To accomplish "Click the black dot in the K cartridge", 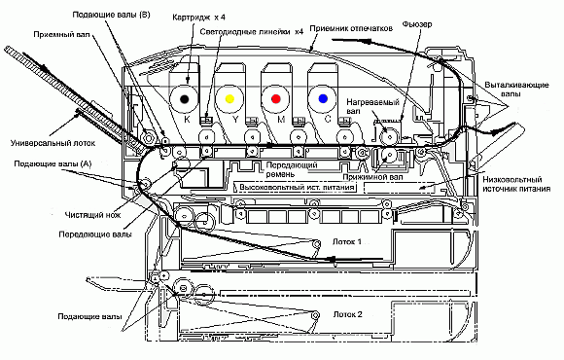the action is click(x=184, y=98).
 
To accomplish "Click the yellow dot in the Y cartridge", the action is click(x=229, y=98).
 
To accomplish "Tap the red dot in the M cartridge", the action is click(x=276, y=98).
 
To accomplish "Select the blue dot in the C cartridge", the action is click(x=323, y=98).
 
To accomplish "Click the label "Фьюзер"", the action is click(x=417, y=24).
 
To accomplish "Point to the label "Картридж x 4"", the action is click(x=199, y=18).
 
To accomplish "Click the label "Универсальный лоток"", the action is click(x=53, y=143).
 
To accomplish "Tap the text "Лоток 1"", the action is click(x=347, y=241).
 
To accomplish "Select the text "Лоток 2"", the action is click(x=348, y=314).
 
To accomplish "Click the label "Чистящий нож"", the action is click(x=92, y=215).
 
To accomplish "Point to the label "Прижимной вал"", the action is click(x=372, y=177).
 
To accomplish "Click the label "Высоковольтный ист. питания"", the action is click(x=298, y=188).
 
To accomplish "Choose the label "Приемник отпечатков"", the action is click(x=351, y=28).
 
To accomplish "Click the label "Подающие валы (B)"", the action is click(x=111, y=15).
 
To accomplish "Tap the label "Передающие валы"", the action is click(x=95, y=234).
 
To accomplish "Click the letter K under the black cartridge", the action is click(x=187, y=120).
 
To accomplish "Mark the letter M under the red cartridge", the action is click(x=281, y=120).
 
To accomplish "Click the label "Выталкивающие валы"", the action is click(x=516, y=90).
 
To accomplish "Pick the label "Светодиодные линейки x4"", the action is click(x=252, y=32).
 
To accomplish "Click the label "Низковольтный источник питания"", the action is click(x=516, y=184).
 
